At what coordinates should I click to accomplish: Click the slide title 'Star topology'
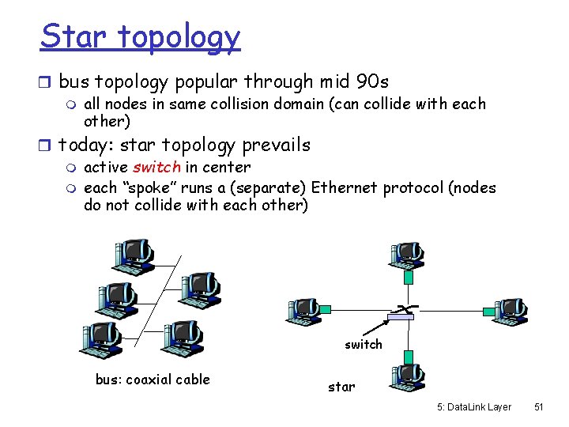[x=140, y=36]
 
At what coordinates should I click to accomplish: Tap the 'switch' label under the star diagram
[x=363, y=345]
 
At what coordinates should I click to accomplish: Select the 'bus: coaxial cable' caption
[x=153, y=380]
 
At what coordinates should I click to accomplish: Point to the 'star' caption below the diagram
[x=341, y=387]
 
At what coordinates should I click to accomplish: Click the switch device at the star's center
[x=400, y=317]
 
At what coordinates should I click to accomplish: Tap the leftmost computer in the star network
[x=302, y=310]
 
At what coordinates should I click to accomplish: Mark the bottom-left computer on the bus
[x=100, y=338]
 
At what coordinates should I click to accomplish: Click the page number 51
[x=539, y=406]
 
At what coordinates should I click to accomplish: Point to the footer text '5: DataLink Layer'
[x=473, y=406]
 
